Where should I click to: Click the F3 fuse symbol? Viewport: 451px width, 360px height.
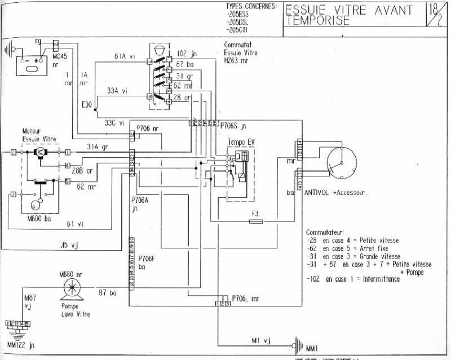(x=257, y=222)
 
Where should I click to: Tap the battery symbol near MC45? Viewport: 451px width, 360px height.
(x=31, y=59)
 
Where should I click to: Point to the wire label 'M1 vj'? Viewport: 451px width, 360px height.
(x=261, y=340)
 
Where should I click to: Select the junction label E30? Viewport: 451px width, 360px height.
(x=87, y=105)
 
